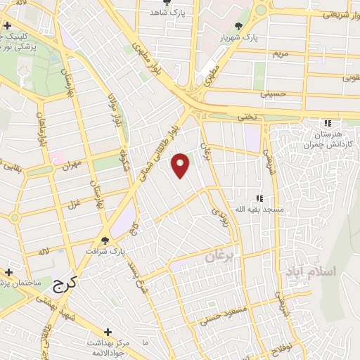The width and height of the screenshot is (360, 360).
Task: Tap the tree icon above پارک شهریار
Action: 240,26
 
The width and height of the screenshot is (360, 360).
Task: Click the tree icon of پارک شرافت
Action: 105,240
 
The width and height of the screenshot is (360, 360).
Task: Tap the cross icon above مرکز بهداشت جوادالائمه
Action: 107,332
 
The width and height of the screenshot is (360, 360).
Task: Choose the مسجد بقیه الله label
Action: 259,210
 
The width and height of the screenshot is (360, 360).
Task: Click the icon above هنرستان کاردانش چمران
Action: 326,122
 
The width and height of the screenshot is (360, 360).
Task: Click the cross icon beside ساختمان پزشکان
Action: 9,272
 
